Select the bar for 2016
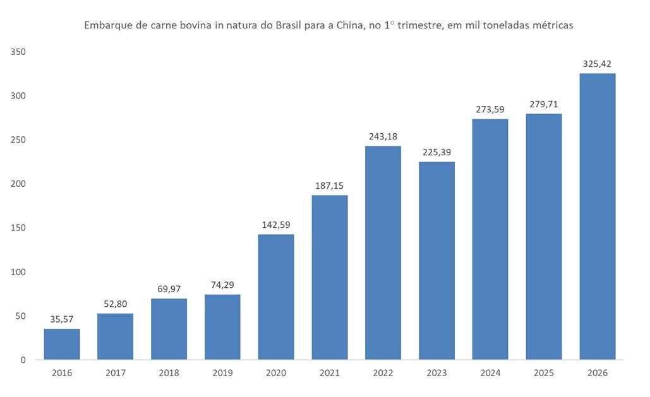point(62,344)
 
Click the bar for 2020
point(276,297)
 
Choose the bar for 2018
point(169,329)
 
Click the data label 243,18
point(383,136)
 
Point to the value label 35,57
point(62,319)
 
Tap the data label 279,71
point(544,104)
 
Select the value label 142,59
point(276,225)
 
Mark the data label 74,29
point(222,285)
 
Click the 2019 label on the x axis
point(222,373)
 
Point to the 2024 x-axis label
point(490,373)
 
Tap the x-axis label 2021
point(330,373)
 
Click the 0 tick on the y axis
point(22,360)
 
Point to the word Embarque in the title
point(105,26)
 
